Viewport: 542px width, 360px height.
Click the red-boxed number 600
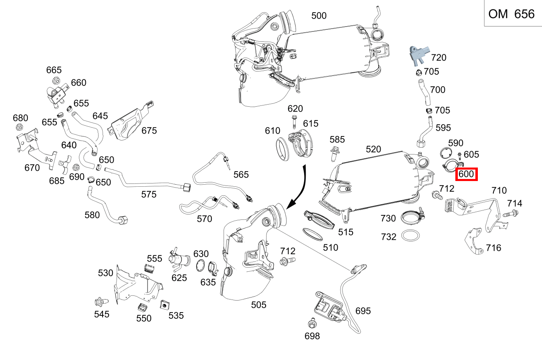coord(466,174)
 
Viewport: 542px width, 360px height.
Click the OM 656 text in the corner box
coord(511,14)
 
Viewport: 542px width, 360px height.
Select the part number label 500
coord(319,16)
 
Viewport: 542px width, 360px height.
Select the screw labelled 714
coord(511,213)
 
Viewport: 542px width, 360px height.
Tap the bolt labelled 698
coord(311,324)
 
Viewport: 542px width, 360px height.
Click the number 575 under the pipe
coord(148,195)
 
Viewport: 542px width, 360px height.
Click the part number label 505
coord(258,305)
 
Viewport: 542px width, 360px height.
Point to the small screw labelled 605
coord(460,156)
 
